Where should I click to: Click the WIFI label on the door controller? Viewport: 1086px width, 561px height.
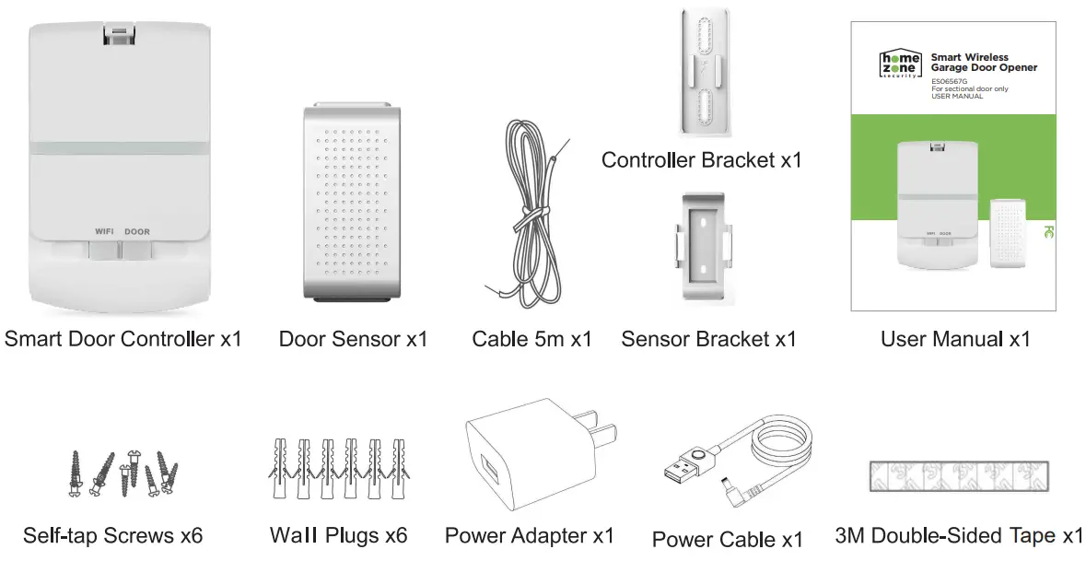tap(103, 231)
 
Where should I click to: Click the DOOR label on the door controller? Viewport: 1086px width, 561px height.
tap(137, 231)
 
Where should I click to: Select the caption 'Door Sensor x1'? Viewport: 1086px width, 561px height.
tap(353, 339)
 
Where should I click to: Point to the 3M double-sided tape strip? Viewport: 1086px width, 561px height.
tap(958, 474)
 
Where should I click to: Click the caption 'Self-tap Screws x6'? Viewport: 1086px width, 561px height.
tap(112, 535)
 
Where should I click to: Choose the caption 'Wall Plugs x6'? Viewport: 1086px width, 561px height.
tap(338, 535)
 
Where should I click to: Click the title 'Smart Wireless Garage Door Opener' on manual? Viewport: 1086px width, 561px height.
tap(983, 63)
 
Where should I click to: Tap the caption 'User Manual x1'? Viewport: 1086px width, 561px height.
tap(954, 339)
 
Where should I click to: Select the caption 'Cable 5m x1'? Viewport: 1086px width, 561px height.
tap(531, 339)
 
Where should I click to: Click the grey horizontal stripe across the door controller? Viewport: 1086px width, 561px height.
tap(122, 147)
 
